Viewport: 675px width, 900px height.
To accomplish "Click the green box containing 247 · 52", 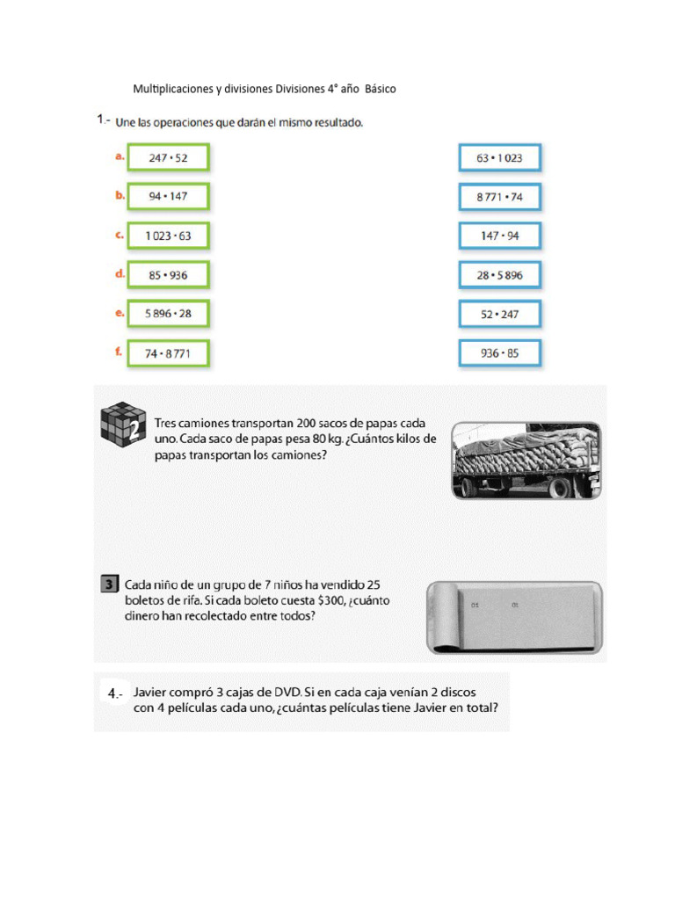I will click(168, 159).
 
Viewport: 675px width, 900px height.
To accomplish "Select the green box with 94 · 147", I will click(168, 198).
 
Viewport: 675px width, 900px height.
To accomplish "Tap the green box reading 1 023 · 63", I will click(168, 236).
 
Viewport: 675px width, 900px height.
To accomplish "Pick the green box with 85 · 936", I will click(168, 275).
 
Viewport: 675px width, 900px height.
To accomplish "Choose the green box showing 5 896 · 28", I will click(168, 314).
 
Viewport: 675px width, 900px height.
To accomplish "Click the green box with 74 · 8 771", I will click(168, 353).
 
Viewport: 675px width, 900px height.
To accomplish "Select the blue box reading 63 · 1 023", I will click(499, 159).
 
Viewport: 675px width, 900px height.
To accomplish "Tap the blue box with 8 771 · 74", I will click(499, 198).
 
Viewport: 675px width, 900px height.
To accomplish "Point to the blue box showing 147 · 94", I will click(499, 236).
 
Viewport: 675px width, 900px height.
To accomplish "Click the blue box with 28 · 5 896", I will click(499, 275).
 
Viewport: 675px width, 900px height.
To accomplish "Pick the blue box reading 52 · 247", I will click(499, 314).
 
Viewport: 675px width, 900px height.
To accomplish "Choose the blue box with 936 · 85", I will click(499, 353).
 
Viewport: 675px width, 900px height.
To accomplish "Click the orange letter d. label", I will click(120, 273).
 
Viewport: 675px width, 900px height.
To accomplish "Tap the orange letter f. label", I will click(119, 351).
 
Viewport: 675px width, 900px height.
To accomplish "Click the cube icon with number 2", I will click(122, 426).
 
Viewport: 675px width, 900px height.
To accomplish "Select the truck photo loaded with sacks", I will click(526, 461).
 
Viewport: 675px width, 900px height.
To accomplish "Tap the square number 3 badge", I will click(108, 584).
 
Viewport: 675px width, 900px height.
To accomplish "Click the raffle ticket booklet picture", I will click(514, 618).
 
